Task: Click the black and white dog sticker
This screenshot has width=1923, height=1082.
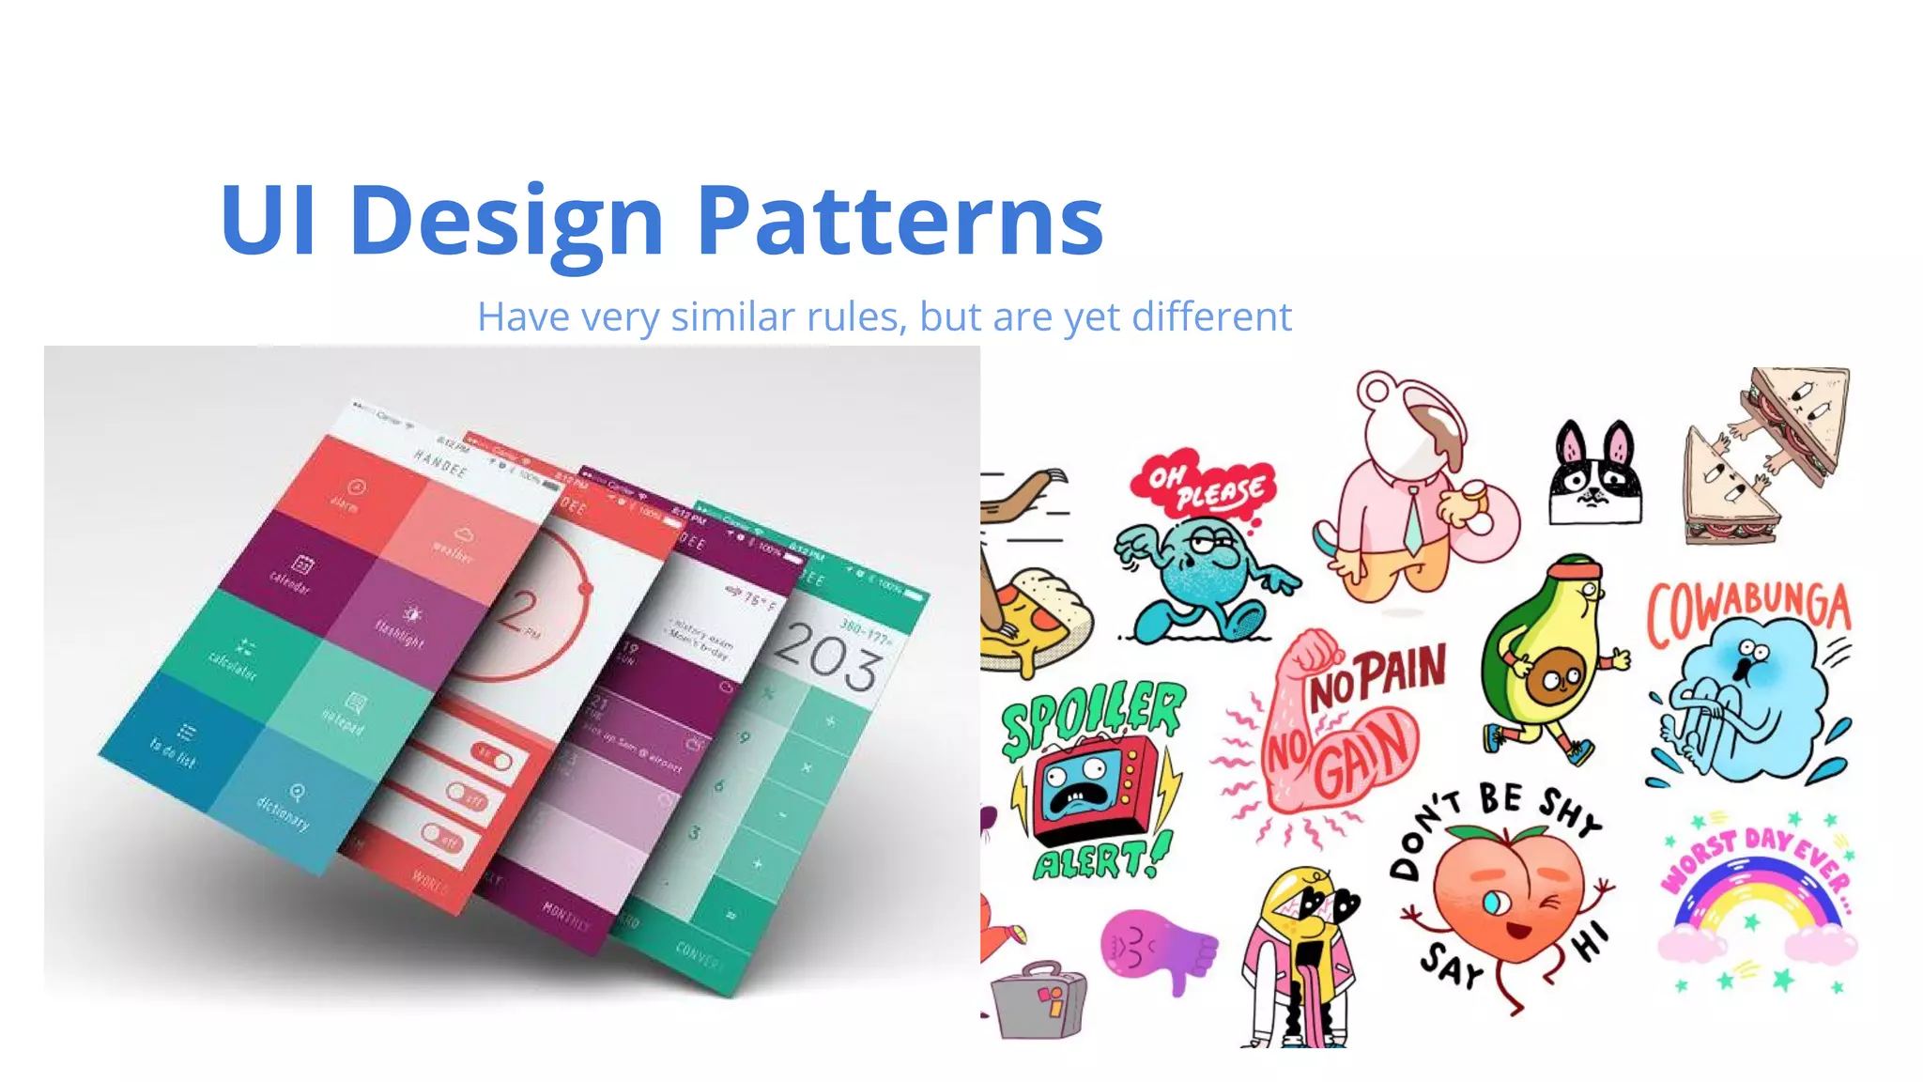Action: pos(1595,474)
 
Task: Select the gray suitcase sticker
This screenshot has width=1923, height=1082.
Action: pos(1038,1000)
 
